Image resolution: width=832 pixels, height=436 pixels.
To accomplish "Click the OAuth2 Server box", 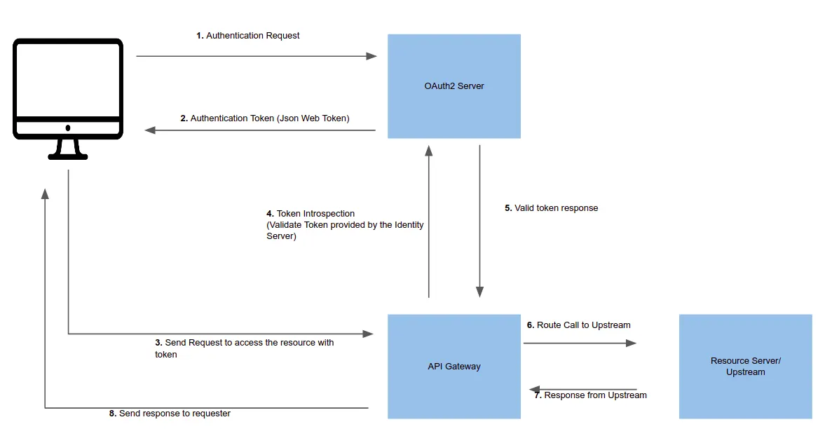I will tap(453, 86).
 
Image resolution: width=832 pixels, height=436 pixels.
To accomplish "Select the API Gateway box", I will tap(453, 366).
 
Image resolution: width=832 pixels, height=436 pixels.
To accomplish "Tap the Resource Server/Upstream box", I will tap(745, 366).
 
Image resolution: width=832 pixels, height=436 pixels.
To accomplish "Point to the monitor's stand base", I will tap(68, 156).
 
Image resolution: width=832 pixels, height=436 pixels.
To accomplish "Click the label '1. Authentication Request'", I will tap(247, 36).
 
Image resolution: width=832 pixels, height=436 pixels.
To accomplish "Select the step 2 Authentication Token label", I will tap(264, 118).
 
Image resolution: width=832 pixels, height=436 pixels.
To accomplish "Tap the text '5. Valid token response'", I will tap(551, 208).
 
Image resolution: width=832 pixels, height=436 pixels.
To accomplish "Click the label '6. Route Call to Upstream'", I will tap(578, 325).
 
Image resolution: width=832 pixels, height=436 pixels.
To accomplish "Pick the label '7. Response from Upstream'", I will tap(590, 395).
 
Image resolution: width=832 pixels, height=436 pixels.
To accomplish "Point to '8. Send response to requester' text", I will tap(170, 414).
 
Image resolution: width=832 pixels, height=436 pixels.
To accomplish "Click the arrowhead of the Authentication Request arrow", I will tap(372, 56).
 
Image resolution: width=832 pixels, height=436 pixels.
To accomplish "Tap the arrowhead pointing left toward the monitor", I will tap(149, 130).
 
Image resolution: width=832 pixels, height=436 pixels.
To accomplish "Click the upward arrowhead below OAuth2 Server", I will tap(429, 149).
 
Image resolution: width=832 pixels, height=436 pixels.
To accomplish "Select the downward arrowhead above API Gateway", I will tap(479, 292).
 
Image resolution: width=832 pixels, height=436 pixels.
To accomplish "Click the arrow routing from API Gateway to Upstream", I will tap(580, 343).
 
